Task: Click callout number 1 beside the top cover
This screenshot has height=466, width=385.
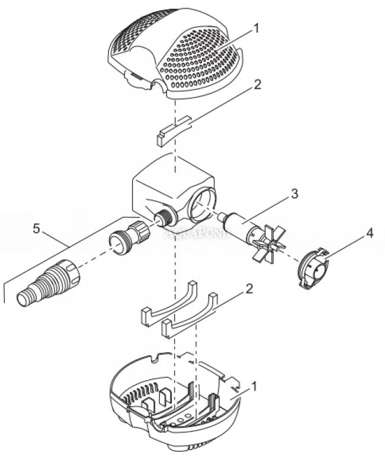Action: point(255,27)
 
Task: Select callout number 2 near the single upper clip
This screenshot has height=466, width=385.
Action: point(256,84)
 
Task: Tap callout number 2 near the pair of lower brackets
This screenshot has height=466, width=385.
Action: point(249,290)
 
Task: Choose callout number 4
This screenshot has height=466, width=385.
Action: point(369,233)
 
